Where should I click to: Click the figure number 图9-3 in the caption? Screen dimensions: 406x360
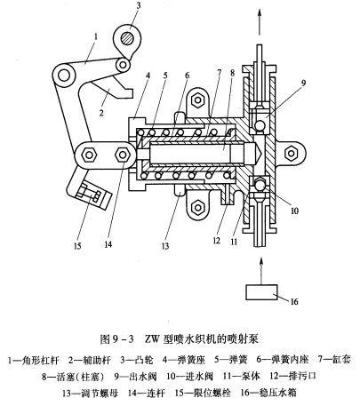116,339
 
